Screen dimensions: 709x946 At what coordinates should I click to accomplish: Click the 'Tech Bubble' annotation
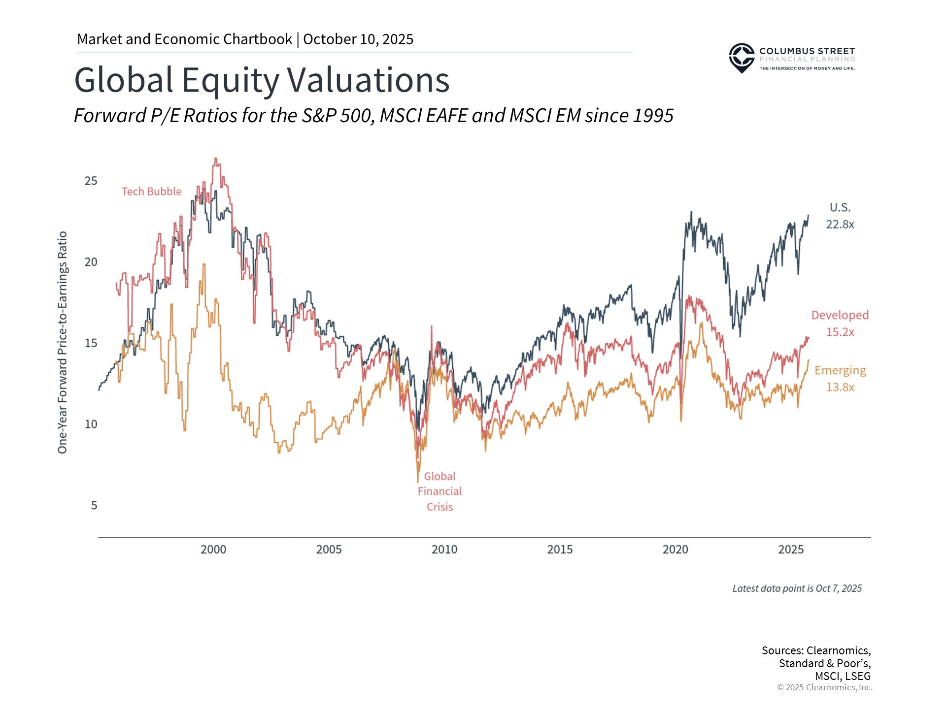click(x=151, y=192)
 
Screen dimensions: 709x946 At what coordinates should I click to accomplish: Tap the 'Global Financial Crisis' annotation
click(x=439, y=491)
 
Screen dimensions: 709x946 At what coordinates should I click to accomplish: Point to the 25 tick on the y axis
click(x=91, y=181)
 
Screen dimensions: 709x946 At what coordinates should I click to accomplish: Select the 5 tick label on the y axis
click(x=94, y=506)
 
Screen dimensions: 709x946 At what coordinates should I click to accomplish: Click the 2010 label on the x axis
click(x=444, y=549)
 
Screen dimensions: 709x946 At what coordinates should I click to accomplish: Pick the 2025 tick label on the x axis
click(x=790, y=549)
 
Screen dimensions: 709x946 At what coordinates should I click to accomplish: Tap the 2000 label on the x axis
click(x=213, y=549)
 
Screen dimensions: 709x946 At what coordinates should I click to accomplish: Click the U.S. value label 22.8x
click(x=840, y=225)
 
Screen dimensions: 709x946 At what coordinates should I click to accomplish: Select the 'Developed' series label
click(x=840, y=315)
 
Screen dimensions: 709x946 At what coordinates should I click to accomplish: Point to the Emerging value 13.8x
click(x=840, y=387)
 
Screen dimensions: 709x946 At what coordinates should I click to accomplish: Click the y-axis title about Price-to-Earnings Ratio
click(x=63, y=342)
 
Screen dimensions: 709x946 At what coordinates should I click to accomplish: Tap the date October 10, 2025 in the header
click(x=358, y=39)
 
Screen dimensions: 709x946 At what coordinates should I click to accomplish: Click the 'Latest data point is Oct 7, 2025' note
click(x=797, y=588)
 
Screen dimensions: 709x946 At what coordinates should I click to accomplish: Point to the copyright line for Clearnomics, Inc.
click(x=824, y=687)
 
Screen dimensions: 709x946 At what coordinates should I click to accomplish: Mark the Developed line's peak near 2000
click(x=216, y=159)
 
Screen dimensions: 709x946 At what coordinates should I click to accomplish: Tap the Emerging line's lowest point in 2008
click(x=418, y=482)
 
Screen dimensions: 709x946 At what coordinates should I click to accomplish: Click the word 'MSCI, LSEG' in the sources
click(x=843, y=676)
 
